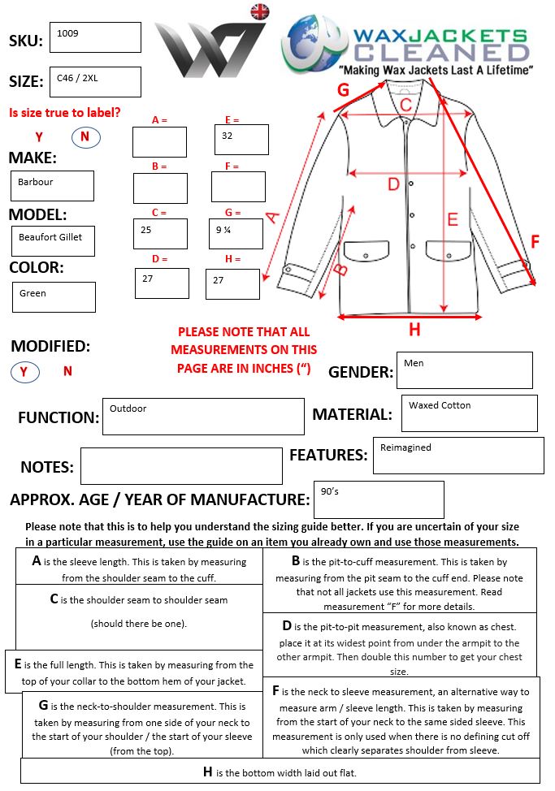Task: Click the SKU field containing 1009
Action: click(95, 37)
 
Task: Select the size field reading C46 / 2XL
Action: click(95, 81)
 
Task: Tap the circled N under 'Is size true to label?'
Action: click(85, 137)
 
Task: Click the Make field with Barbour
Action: click(52, 186)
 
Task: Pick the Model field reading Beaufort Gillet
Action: click(53, 240)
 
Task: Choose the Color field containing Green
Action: click(54, 296)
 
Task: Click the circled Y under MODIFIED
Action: click(24, 372)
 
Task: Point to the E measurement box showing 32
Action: click(241, 140)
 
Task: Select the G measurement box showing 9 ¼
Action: click(236, 234)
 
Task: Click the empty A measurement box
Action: click(159, 142)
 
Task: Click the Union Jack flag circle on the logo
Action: click(260, 11)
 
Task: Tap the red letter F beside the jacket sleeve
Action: click(535, 241)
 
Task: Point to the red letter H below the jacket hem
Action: click(414, 330)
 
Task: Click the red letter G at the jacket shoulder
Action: click(343, 89)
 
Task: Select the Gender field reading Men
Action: click(464, 370)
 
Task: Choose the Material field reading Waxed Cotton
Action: click(469, 413)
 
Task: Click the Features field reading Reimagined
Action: click(458, 456)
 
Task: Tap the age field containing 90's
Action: click(378, 499)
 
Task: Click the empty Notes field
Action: click(181, 465)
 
